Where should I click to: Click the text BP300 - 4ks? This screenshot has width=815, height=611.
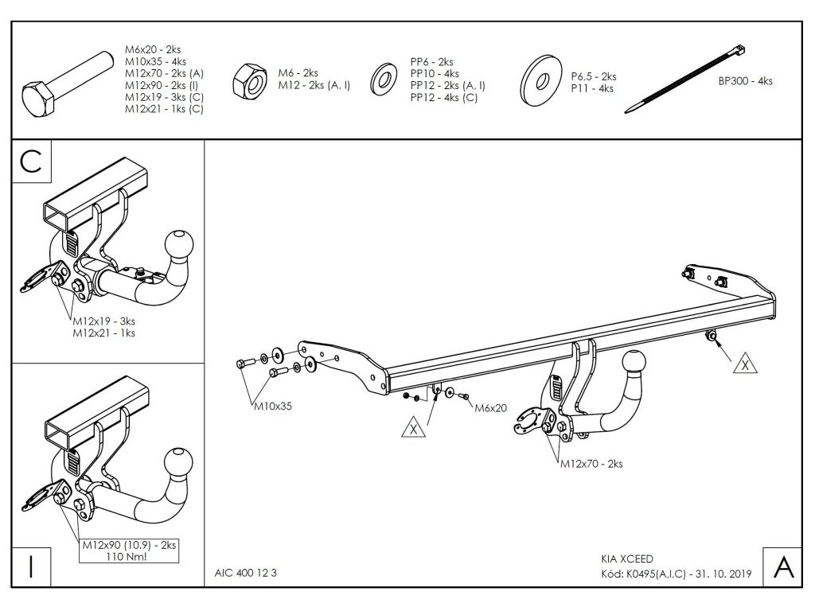(x=744, y=80)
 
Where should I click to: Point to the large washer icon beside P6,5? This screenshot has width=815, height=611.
(x=541, y=81)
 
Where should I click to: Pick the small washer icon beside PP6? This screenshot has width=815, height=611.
(x=385, y=80)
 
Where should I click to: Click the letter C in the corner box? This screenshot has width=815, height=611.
(x=31, y=162)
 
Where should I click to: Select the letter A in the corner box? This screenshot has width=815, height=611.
(x=782, y=566)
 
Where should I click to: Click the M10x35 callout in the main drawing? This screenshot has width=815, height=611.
(x=273, y=405)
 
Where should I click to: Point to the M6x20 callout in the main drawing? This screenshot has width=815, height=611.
(x=490, y=408)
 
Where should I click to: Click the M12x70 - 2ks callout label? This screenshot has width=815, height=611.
(x=591, y=463)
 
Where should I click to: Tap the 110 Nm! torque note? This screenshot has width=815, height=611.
(x=129, y=556)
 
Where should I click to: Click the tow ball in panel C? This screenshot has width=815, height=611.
(x=177, y=242)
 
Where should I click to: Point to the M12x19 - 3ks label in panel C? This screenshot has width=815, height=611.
(x=103, y=321)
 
